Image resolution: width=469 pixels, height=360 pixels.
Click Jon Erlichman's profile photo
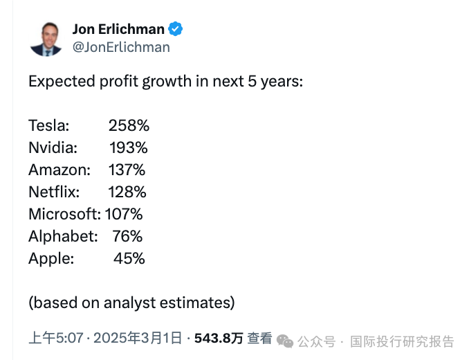[x=46, y=38]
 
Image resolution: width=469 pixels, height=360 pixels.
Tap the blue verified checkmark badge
[x=176, y=29]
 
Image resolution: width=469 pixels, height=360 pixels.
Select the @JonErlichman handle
[x=120, y=47]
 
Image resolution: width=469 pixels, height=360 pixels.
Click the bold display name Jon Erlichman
[x=118, y=29]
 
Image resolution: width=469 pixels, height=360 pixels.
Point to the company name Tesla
[x=48, y=125]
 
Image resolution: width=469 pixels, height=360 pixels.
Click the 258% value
[x=129, y=125]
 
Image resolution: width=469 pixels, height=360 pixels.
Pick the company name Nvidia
[x=53, y=147]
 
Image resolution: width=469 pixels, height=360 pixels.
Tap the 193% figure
[x=129, y=147]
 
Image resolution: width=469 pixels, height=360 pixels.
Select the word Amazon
[x=59, y=170]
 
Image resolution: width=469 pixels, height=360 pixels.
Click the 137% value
[x=127, y=170]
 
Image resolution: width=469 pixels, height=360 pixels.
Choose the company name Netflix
[x=54, y=192]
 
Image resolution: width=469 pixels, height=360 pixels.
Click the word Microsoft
[x=64, y=214]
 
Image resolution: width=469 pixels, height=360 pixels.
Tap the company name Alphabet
[x=63, y=236]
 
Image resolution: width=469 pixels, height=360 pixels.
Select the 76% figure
[x=127, y=236]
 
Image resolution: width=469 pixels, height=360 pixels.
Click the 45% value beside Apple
[x=129, y=258]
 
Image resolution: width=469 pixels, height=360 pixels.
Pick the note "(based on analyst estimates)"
[x=131, y=303]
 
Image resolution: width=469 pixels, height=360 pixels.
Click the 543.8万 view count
[x=219, y=339]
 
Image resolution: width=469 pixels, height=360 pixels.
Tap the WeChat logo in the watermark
[x=285, y=341]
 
